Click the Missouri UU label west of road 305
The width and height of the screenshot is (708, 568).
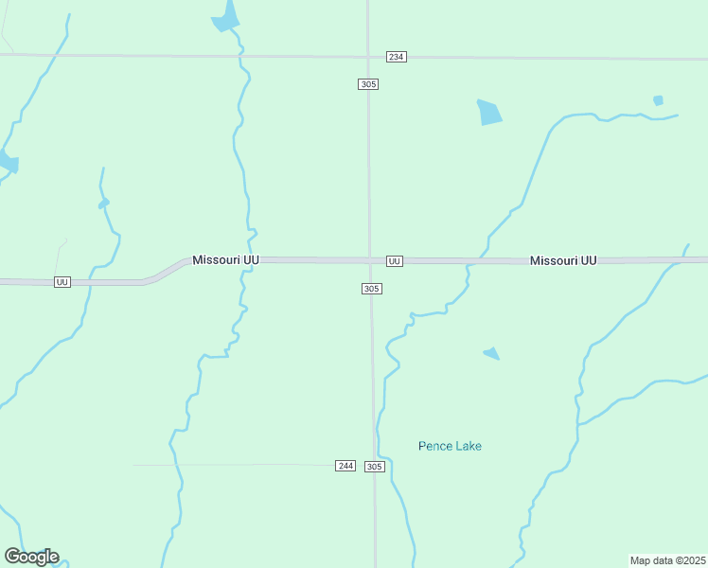[x=225, y=259]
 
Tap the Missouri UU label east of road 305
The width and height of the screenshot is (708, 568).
[x=563, y=260]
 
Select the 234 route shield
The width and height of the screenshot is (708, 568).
[x=397, y=57]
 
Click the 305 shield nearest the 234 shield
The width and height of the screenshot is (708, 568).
[x=369, y=84]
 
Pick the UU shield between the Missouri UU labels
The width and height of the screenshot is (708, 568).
[x=395, y=260]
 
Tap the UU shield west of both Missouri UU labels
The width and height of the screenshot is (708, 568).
[x=62, y=282]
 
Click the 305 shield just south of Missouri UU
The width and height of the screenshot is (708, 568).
[x=372, y=289]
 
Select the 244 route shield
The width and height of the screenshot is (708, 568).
[x=345, y=466]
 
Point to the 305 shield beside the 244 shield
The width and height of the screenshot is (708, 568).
[x=375, y=467]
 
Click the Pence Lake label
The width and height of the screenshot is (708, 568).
[x=450, y=446]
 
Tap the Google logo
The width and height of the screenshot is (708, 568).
[x=31, y=557]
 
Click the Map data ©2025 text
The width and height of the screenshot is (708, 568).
[x=667, y=560]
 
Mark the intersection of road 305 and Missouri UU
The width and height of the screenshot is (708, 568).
[x=370, y=259]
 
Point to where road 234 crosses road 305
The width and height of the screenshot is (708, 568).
[x=368, y=57]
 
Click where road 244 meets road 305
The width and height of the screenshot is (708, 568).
[x=374, y=465]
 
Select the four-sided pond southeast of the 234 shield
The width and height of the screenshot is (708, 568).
[x=489, y=113]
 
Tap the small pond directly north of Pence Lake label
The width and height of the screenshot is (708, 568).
[x=492, y=354]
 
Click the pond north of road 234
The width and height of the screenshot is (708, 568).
[x=226, y=17]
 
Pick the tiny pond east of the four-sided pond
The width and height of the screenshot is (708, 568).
[x=658, y=100]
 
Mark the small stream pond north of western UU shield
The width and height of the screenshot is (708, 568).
[x=103, y=203]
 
